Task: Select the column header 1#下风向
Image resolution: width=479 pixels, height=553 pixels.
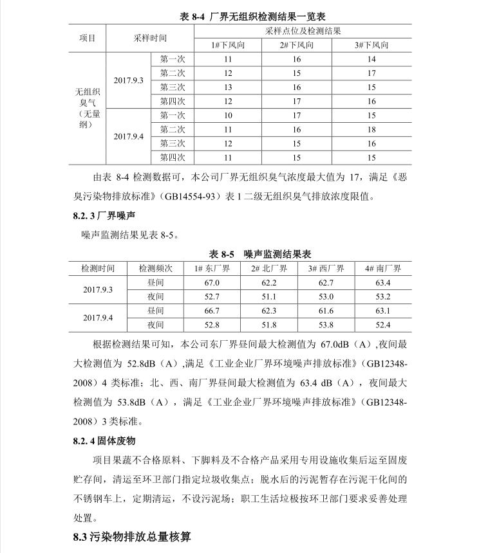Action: tap(227, 45)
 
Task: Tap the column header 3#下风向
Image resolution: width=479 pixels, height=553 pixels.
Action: tap(371, 45)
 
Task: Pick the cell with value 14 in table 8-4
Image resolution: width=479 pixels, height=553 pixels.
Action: tap(371, 59)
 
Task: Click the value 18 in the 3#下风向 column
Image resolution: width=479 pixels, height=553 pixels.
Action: tap(371, 129)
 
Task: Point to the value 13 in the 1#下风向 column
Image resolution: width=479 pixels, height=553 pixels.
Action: tap(228, 87)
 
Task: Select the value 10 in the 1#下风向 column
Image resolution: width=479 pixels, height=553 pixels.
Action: tap(228, 115)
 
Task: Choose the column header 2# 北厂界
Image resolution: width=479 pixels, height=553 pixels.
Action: tap(269, 268)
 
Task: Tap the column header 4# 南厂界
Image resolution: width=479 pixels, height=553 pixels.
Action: tap(382, 268)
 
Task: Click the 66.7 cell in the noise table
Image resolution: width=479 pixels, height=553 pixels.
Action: tap(212, 311)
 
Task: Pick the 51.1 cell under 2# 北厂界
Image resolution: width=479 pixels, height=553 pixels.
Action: tap(269, 296)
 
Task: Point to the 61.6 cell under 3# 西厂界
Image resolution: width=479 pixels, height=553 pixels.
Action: tap(326, 311)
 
